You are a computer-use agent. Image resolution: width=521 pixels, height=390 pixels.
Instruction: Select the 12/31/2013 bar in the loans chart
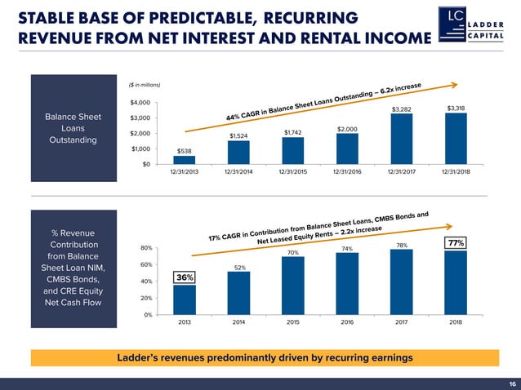[x=185, y=160]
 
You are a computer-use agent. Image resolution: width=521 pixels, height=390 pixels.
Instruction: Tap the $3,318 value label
[x=456, y=109]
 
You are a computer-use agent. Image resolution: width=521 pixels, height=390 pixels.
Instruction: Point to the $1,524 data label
[x=238, y=136]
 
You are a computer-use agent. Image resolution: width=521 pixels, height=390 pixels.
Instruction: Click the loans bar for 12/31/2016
[x=347, y=148]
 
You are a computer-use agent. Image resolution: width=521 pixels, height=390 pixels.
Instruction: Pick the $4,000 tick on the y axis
[x=139, y=102]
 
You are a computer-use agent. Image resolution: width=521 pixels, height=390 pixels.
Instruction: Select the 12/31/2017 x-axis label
[x=401, y=172]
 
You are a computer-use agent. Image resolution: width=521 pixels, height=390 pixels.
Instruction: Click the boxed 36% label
[x=185, y=277]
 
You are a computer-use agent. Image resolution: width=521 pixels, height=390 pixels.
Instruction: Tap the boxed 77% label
[x=455, y=243]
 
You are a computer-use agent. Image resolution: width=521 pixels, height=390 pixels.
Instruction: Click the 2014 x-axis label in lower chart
[x=238, y=322]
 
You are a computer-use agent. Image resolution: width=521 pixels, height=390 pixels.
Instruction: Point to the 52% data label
[x=239, y=268]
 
